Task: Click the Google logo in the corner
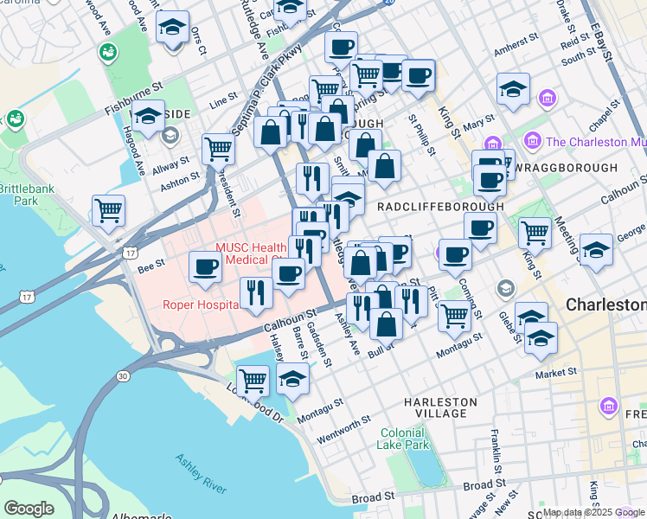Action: tap(29, 509)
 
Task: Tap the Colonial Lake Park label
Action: tap(403, 439)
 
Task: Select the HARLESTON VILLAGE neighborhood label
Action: tap(440, 407)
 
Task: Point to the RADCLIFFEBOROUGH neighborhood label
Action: tap(440, 207)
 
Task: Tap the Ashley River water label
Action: tap(201, 474)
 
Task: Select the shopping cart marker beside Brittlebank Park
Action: tap(109, 209)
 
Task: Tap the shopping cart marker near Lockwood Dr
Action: tap(253, 378)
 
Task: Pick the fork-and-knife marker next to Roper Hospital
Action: tap(254, 292)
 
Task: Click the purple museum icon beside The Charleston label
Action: tap(532, 140)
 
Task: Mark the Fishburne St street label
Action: tap(133, 87)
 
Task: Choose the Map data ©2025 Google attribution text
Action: tap(593, 512)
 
